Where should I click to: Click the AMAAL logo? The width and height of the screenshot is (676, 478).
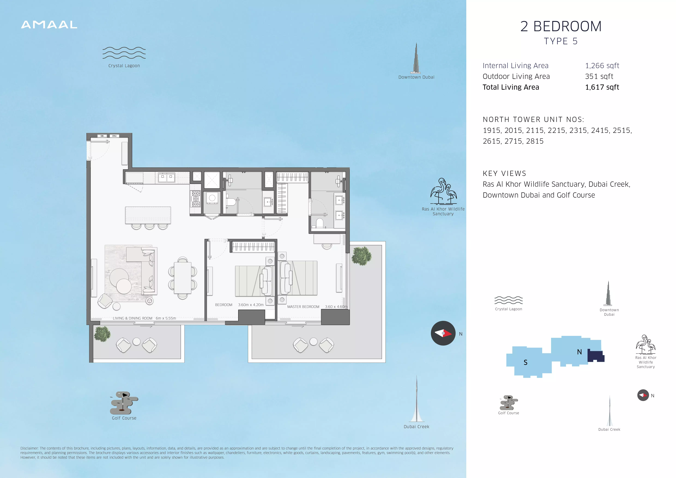tap(49, 25)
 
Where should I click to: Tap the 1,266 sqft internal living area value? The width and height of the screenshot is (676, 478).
tap(602, 66)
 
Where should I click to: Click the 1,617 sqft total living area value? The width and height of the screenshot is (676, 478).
tap(602, 87)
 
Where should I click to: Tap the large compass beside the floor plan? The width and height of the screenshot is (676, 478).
tap(443, 333)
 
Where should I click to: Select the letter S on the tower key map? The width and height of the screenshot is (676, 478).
tap(526, 362)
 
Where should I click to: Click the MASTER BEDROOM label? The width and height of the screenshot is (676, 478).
tap(303, 307)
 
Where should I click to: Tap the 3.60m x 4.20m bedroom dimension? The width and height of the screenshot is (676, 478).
tap(251, 305)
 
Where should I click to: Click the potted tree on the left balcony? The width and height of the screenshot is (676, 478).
tap(102, 334)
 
